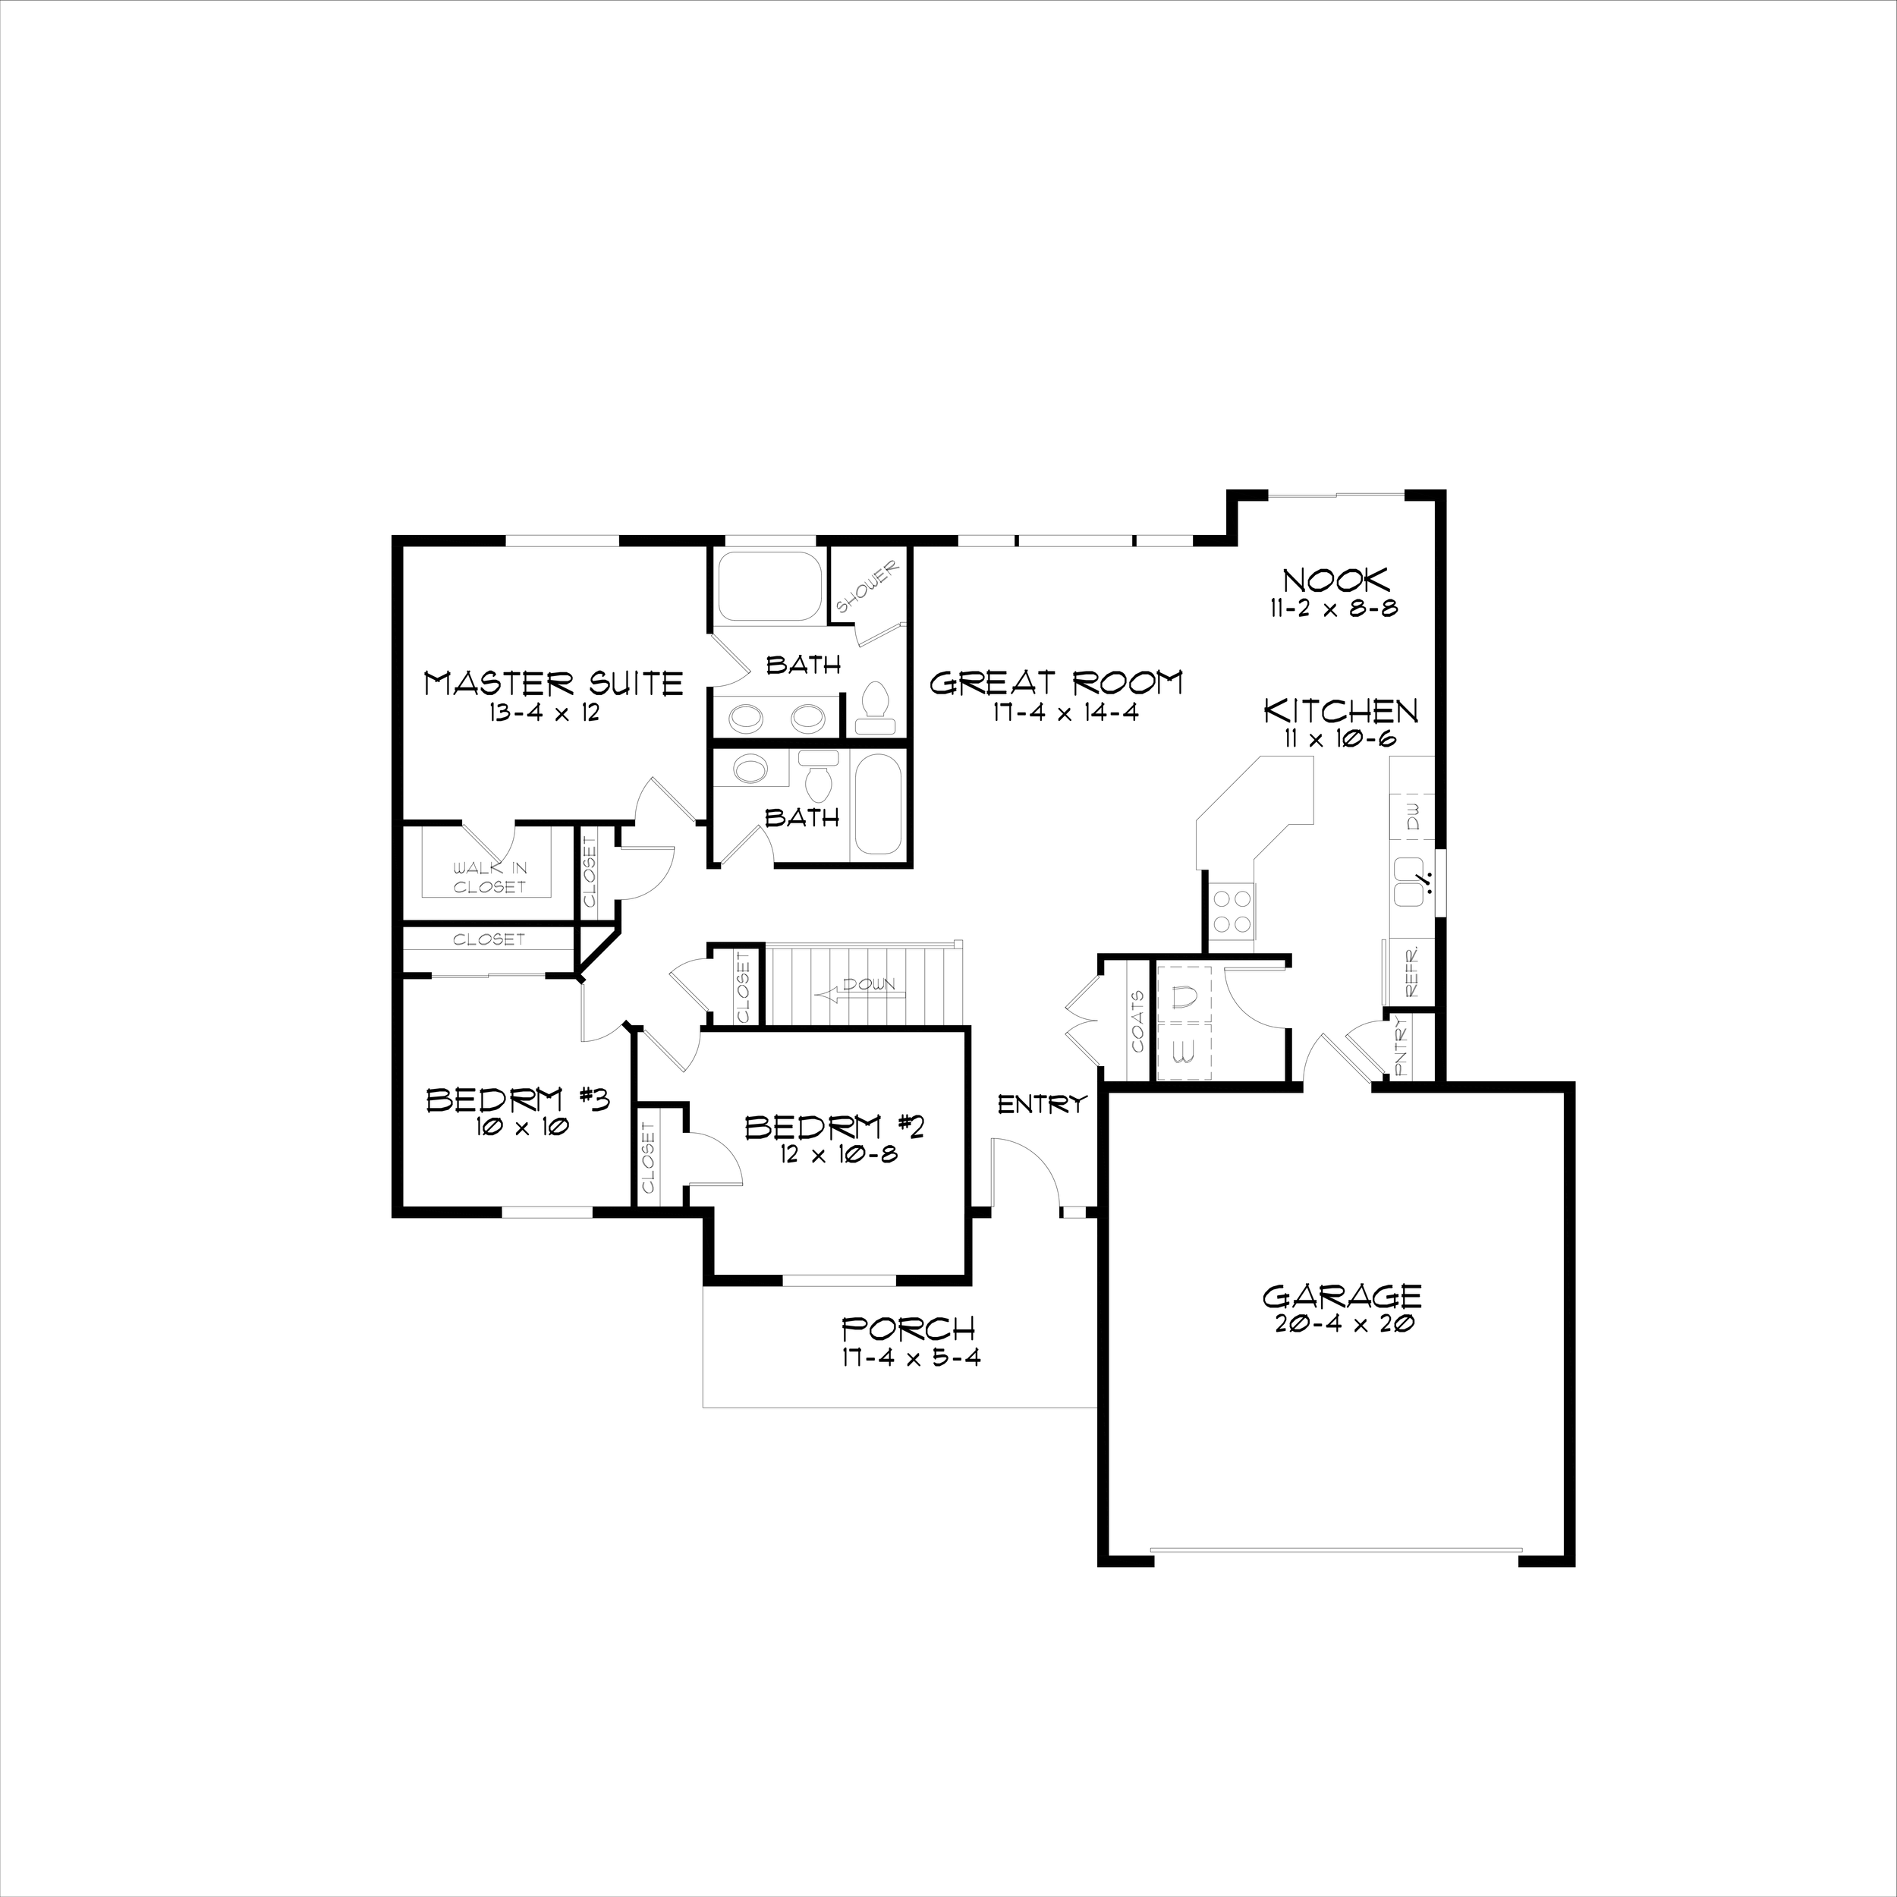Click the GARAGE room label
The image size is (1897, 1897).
[1342, 1296]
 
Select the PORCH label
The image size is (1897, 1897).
[909, 1329]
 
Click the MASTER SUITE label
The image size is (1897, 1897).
[553, 684]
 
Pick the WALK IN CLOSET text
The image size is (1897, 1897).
[489, 877]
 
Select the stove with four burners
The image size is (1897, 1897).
[1232, 909]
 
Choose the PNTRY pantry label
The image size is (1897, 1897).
[1402, 1046]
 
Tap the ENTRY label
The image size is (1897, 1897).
[1042, 1105]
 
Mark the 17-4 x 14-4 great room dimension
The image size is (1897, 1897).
[1065, 713]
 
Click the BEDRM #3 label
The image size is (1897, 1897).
[518, 1100]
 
